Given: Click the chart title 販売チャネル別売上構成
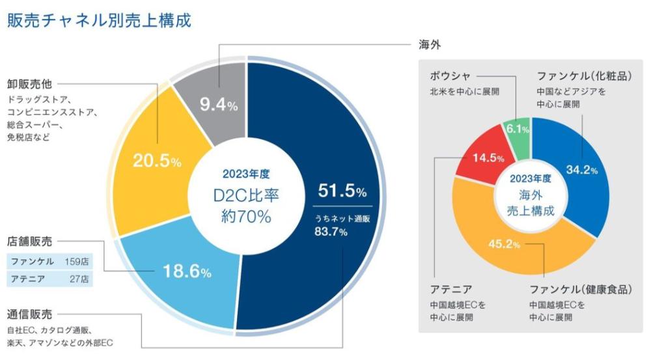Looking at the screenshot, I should click(99, 20).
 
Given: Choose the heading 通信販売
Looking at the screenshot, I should click(29, 314).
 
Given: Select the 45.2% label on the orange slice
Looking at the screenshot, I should click(504, 245).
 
